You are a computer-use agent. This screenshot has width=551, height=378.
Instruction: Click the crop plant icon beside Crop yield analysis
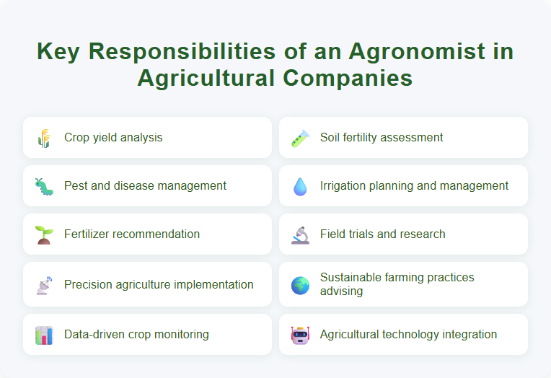[44, 138]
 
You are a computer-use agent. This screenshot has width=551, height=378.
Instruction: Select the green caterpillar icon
[44, 186]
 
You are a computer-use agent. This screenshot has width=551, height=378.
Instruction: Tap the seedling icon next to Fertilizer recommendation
[44, 234]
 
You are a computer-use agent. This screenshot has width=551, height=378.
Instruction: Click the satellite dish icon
[44, 285]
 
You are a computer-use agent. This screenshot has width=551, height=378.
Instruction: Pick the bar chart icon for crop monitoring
[44, 335]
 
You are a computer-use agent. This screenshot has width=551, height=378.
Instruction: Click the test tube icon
[300, 138]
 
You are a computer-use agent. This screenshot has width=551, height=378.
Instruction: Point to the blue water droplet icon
[300, 186]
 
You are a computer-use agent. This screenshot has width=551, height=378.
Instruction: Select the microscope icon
[300, 234]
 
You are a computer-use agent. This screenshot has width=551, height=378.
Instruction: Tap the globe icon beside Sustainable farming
[300, 285]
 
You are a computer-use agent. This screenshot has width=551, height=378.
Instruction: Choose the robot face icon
[300, 335]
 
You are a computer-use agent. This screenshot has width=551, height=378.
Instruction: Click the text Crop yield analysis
[113, 138]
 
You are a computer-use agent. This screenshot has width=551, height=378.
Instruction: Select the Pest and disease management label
[145, 186]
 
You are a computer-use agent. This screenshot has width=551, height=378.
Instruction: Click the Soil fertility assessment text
[382, 138]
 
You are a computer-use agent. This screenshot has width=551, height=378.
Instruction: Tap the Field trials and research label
[382, 234]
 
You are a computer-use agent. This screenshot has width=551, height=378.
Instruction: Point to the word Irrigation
[345, 186]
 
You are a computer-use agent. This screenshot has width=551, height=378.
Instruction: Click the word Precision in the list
[89, 285]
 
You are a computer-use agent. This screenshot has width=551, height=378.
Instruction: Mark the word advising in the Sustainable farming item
[342, 291]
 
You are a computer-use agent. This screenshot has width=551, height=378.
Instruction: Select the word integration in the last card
[467, 335]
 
